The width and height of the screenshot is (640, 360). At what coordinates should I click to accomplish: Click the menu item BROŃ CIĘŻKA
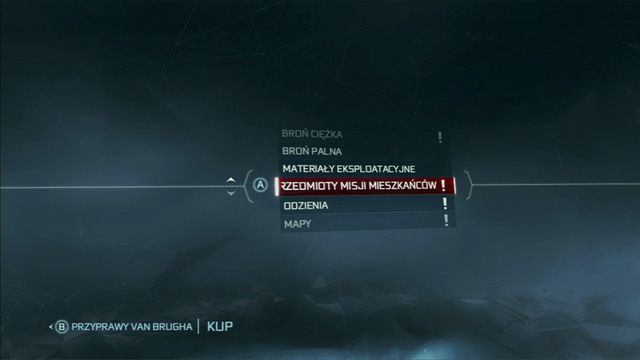(x=313, y=134)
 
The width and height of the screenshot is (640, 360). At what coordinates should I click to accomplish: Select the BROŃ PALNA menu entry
(x=312, y=151)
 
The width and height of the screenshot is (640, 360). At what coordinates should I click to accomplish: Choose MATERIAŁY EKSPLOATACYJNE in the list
(x=348, y=169)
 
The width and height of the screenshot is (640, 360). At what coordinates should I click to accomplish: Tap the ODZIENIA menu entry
(x=305, y=205)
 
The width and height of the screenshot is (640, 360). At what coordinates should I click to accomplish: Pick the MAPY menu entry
(x=297, y=223)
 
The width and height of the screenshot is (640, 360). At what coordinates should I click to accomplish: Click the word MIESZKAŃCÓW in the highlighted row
(x=400, y=187)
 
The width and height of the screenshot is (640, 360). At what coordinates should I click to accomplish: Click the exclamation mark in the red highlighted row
(x=442, y=187)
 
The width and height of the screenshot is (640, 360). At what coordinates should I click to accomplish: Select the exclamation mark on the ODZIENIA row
(x=445, y=204)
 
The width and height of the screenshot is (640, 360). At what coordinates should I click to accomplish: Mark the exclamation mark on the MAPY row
(x=445, y=221)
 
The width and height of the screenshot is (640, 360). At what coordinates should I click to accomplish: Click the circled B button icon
(x=60, y=326)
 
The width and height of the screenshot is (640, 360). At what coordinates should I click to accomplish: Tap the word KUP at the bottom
(x=220, y=326)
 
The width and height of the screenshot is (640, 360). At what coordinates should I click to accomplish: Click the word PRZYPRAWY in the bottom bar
(x=100, y=326)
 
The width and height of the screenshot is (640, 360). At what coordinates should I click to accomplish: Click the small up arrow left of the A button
(x=231, y=180)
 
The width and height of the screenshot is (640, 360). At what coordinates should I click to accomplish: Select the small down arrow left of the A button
(x=231, y=193)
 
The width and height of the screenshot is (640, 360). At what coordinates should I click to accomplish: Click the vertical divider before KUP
(x=199, y=326)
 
